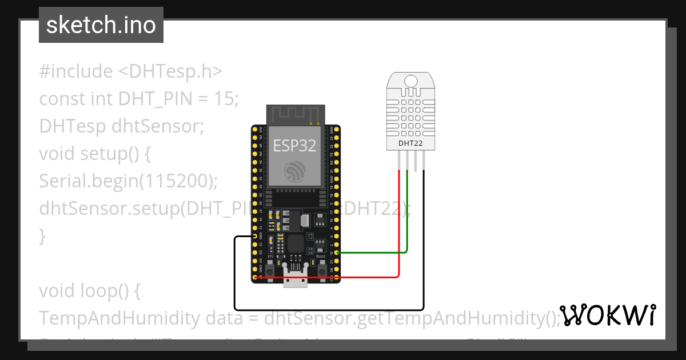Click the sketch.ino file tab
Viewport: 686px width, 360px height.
[x=101, y=25]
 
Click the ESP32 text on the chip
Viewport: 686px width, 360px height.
[x=294, y=145]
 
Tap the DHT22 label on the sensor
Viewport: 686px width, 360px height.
[x=410, y=143]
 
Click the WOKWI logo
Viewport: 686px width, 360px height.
[x=607, y=315]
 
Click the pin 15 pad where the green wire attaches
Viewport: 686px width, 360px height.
[x=337, y=253]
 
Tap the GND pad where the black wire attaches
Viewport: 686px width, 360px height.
[x=255, y=236]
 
